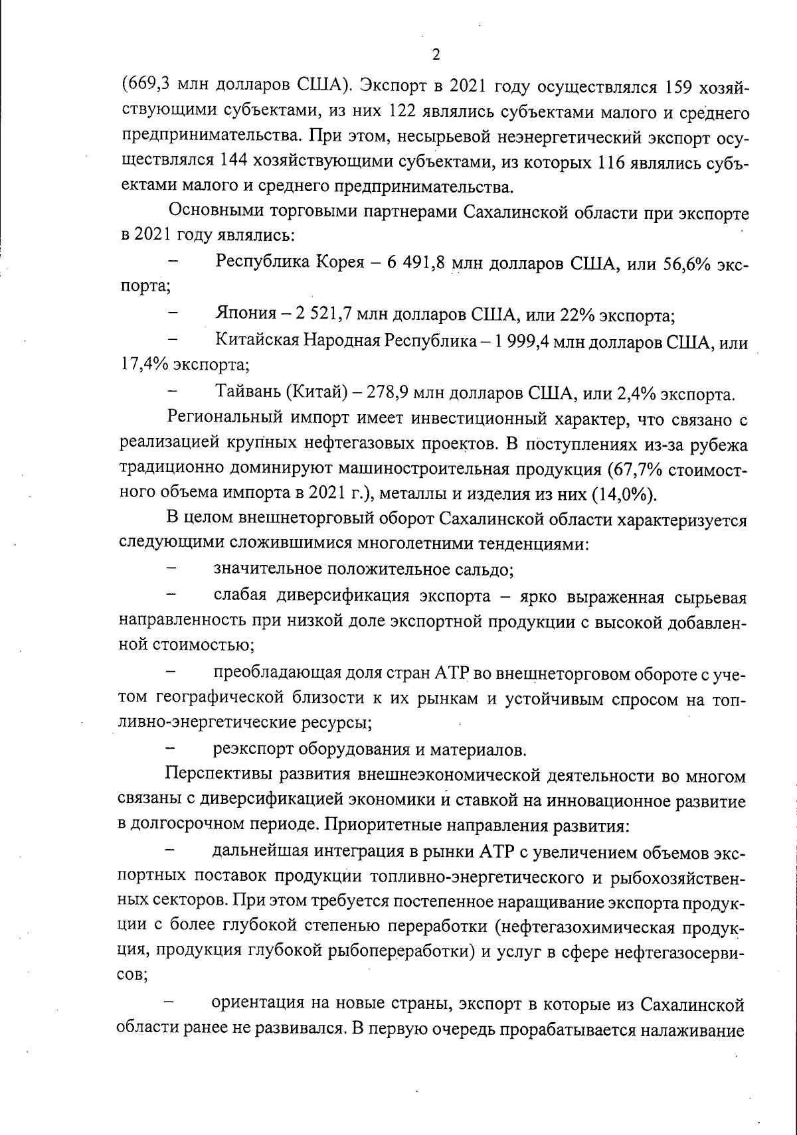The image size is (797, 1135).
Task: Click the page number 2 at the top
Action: coord(436,54)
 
